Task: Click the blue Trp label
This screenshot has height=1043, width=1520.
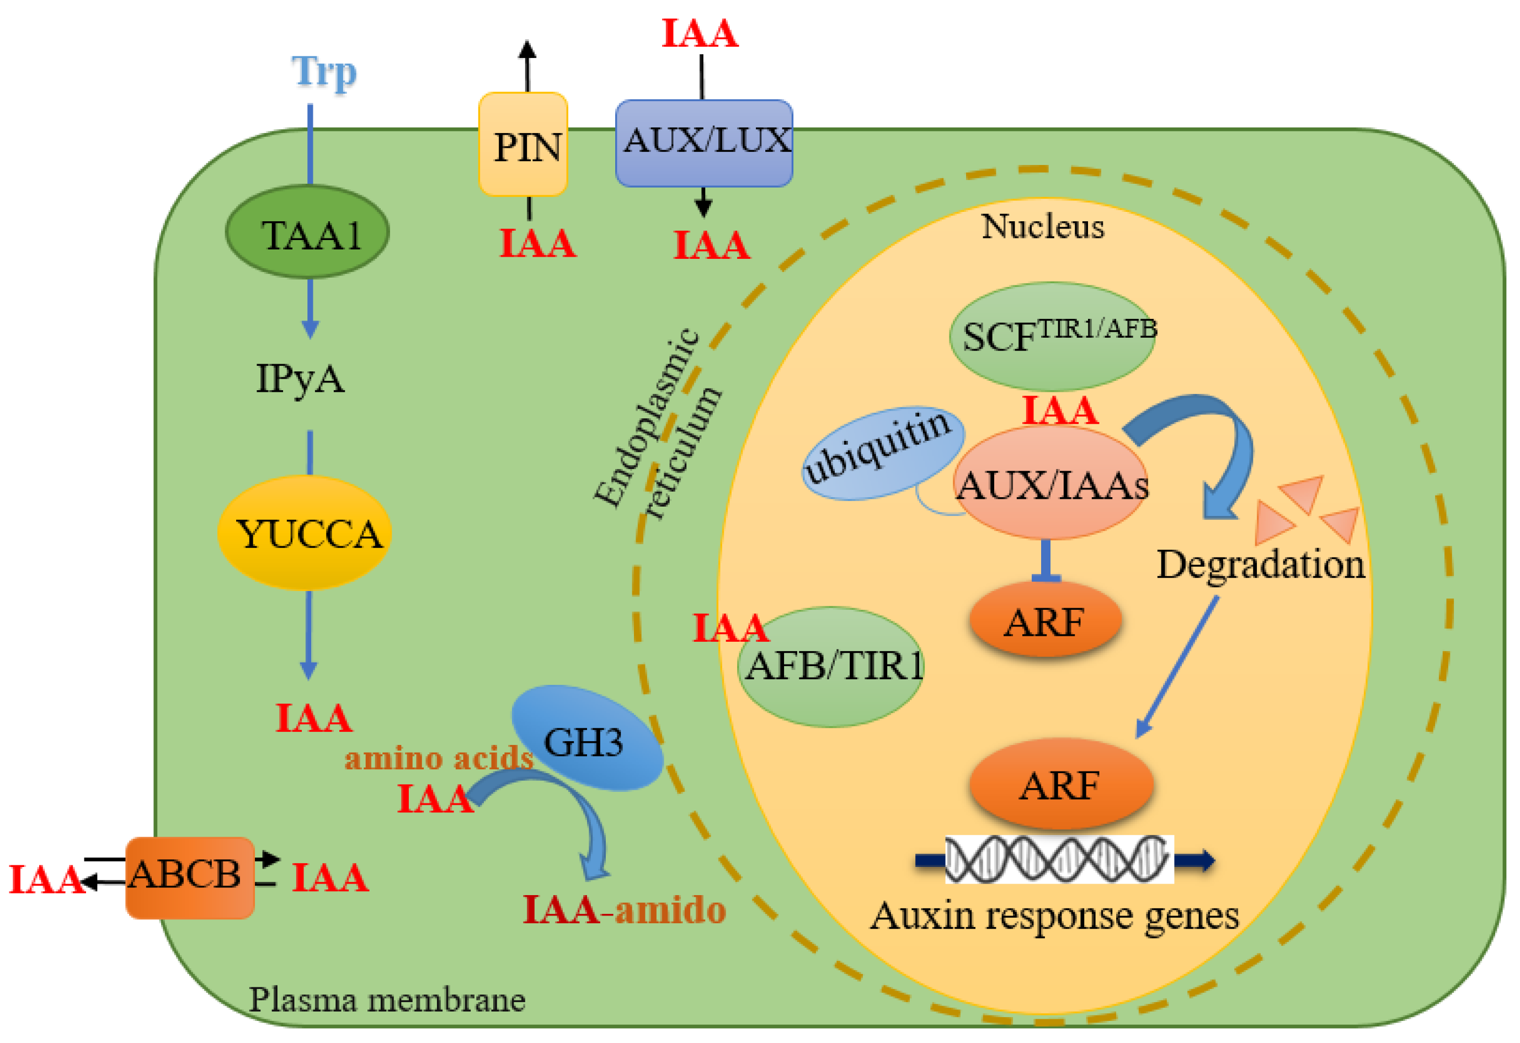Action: pyautogui.click(x=324, y=72)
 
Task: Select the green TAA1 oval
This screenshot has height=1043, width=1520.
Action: pyautogui.click(x=307, y=232)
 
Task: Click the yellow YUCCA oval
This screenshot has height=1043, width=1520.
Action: pyautogui.click(x=305, y=533)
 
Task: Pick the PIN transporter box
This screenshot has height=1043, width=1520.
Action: pyautogui.click(x=523, y=145)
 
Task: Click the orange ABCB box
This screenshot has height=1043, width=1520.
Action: pyautogui.click(x=190, y=877)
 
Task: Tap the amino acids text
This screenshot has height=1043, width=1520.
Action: pyautogui.click(x=439, y=758)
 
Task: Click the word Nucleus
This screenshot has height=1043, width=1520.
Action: pyautogui.click(x=1043, y=226)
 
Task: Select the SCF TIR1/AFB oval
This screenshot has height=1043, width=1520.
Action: pyautogui.click(x=1052, y=336)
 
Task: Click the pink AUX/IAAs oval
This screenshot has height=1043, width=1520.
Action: pyautogui.click(x=1052, y=483)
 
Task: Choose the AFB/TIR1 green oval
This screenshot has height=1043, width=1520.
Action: pyautogui.click(x=831, y=667)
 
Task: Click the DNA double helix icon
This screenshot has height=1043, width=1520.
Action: pyautogui.click(x=1059, y=859)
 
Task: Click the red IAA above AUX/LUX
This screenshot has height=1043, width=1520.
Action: pyautogui.click(x=700, y=33)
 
